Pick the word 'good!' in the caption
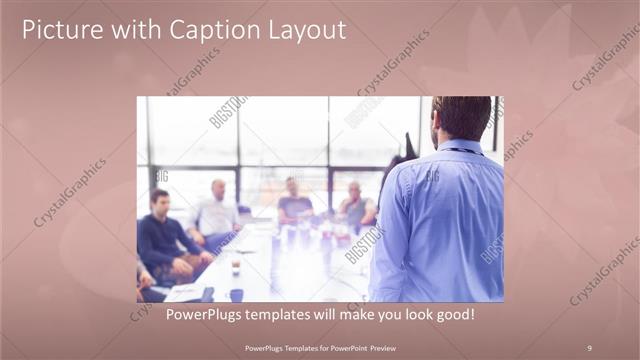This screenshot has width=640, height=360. point(452,314)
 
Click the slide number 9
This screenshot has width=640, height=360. point(589,347)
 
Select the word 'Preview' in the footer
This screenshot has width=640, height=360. point(380,347)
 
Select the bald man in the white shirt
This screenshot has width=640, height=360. point(216,212)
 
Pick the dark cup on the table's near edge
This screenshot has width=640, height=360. point(236,294)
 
